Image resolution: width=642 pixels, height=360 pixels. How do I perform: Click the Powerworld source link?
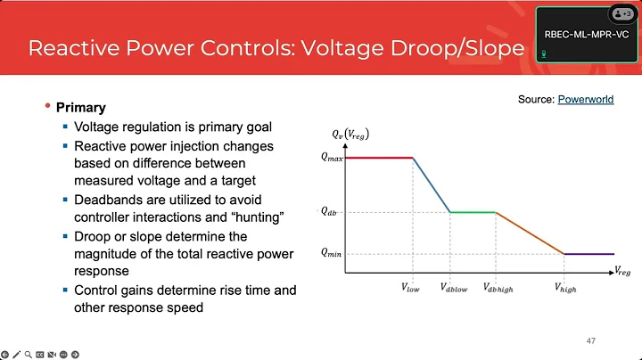[586, 100]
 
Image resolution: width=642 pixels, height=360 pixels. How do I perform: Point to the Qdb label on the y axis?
[329, 212]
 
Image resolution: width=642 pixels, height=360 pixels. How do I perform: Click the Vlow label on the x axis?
[413, 289]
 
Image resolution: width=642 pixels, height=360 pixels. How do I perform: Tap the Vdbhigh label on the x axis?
[498, 289]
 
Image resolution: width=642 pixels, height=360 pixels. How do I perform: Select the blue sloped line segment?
[432, 184]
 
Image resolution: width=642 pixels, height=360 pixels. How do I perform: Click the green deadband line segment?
[473, 212]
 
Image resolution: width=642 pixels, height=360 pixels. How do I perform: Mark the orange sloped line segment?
[530, 233]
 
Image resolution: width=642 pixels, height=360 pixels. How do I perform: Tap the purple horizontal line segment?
[588, 254]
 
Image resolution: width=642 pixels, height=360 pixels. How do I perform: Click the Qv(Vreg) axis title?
[350, 135]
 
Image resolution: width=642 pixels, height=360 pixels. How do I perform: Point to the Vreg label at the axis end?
[622, 269]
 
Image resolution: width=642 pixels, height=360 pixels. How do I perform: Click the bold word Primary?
[81, 108]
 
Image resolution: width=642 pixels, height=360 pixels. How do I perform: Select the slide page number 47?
[590, 340]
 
